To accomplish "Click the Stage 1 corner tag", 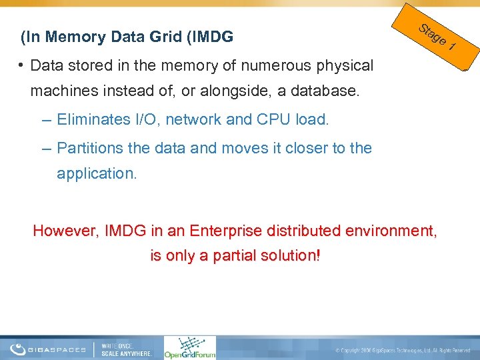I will [x=437, y=37].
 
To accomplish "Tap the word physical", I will [x=346, y=65].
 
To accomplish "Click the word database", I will [x=329, y=91].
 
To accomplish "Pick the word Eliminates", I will [x=93, y=120].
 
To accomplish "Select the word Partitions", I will [x=93, y=148].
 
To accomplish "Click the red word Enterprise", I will [x=226, y=231].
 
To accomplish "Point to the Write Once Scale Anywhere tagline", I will [x=127, y=349].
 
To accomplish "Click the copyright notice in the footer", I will [x=403, y=349].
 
